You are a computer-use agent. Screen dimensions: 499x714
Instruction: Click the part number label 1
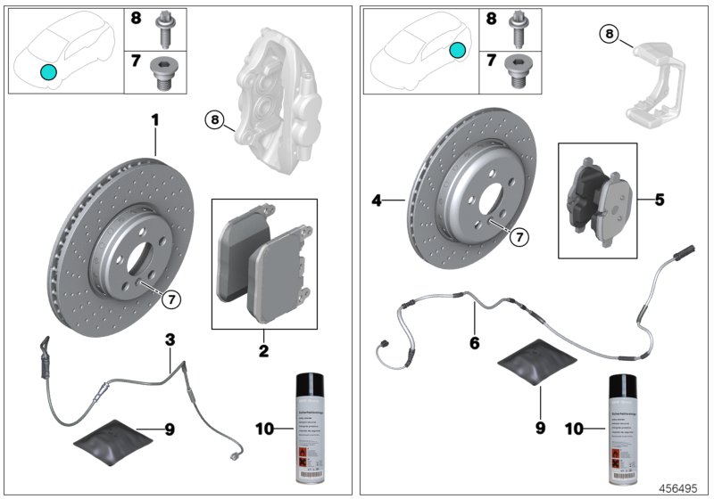(154, 119)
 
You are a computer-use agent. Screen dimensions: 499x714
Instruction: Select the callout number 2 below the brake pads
(263, 352)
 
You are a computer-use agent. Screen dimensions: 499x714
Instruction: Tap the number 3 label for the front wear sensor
(169, 339)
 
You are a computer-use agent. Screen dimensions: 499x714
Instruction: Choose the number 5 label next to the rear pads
(659, 200)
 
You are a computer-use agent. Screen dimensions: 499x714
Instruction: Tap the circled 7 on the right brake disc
(519, 237)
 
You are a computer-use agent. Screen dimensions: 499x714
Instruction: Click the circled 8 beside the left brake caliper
(214, 119)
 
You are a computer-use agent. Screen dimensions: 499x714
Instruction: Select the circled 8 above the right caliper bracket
(608, 35)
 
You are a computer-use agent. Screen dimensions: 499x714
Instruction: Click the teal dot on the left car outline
(48, 71)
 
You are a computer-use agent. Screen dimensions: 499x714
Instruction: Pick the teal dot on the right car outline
(457, 51)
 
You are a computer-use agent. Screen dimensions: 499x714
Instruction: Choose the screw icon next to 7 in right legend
(516, 70)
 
